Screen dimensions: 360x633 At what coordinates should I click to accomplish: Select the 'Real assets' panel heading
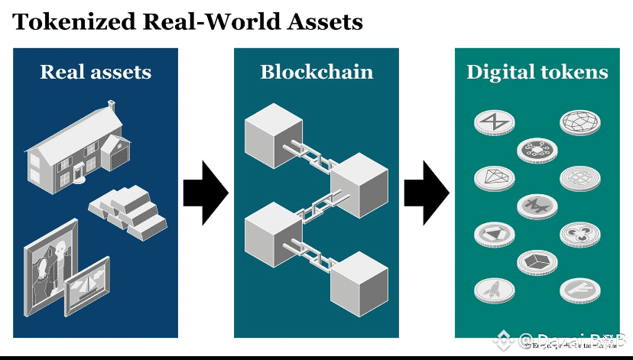pos(96,73)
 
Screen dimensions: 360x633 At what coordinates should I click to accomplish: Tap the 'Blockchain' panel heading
pos(316,73)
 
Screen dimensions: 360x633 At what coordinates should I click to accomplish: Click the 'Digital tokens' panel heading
pos(537,73)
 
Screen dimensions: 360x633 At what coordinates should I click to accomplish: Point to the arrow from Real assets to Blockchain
pos(205,193)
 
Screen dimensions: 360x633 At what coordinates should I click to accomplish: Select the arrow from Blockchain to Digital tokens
pos(425,193)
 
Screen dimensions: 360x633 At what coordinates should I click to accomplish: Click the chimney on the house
pos(112,104)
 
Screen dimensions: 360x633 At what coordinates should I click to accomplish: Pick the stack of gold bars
pos(128,210)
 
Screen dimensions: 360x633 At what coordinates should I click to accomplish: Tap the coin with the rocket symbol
pos(494,289)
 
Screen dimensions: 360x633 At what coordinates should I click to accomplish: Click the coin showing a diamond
pos(494,177)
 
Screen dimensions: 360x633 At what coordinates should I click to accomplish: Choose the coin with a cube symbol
pos(537,261)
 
